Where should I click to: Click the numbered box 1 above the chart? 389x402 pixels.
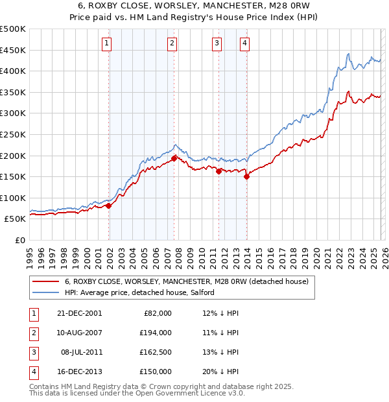[106, 43]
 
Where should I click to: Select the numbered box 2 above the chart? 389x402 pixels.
[172, 43]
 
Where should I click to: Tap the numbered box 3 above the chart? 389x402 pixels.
[217, 43]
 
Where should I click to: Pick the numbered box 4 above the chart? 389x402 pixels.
[244, 43]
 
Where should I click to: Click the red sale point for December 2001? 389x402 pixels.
[109, 206]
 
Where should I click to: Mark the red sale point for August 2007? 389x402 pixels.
[174, 158]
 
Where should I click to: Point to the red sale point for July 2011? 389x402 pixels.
[218, 171]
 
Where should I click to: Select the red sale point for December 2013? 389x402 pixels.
[247, 176]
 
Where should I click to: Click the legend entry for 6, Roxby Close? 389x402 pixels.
[188, 281]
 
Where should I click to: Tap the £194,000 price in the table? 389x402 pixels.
[156, 333]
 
